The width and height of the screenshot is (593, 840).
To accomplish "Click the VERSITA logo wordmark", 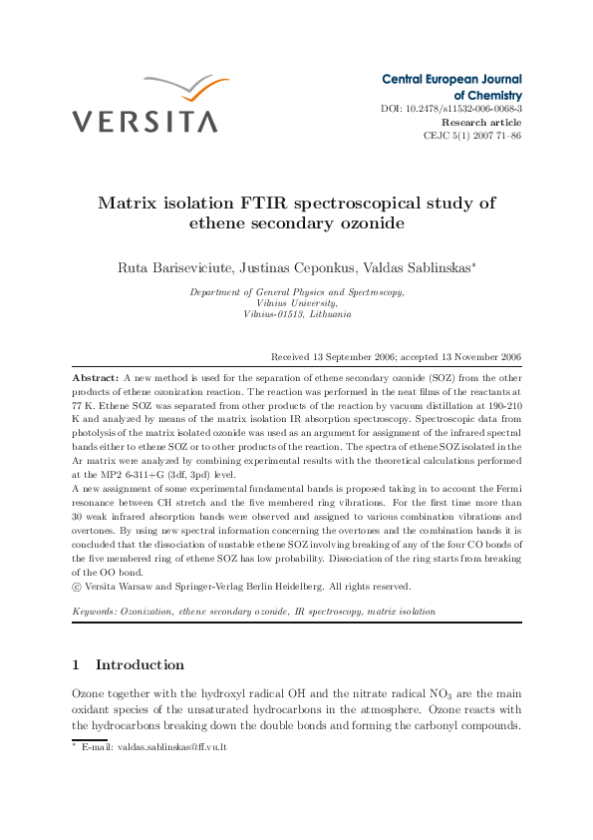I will pos(145,122).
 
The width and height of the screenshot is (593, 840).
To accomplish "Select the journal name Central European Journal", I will pos(451,79).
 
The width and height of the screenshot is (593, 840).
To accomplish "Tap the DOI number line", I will pos(451,108).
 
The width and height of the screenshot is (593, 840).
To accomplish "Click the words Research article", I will pos(480,122).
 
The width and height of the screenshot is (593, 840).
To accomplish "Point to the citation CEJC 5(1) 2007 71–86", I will pos(471,135).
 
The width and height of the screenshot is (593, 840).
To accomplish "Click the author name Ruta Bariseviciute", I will pos(174,267).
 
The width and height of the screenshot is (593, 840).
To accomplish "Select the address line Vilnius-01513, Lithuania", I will pos(297,313).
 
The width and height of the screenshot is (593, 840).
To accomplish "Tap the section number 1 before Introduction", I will pos(76,664).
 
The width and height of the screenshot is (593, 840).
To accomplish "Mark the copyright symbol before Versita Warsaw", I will pos(77,587).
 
